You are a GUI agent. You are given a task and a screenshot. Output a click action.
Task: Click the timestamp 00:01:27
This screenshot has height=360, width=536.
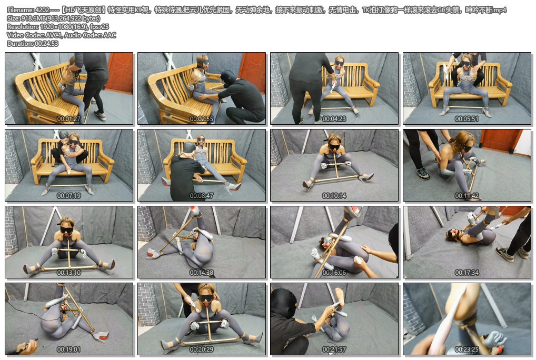68,119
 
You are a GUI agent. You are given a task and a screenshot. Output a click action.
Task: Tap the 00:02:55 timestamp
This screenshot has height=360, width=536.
201,119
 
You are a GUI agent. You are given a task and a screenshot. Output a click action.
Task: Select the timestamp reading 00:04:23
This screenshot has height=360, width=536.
334,119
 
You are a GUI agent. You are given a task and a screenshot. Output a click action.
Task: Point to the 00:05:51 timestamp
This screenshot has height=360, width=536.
466,119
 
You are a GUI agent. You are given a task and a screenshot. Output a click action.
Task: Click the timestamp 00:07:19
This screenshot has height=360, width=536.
68,196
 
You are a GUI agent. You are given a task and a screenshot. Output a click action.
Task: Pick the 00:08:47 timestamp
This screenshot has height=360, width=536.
201,196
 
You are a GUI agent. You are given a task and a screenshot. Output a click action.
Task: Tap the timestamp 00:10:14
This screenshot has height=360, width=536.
334,196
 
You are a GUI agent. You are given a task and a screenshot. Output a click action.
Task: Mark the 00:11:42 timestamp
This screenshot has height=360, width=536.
466,196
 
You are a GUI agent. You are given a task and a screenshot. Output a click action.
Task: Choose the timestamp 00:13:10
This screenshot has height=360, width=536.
68,273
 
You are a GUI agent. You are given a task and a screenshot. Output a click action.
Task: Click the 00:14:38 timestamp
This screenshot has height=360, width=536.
201,273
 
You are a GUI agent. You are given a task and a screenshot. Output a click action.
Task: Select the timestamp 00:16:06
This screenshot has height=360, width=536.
334,273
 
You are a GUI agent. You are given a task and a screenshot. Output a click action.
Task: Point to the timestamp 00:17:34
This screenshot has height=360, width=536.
466,273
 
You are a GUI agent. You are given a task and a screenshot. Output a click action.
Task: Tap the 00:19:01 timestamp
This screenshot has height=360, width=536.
68,349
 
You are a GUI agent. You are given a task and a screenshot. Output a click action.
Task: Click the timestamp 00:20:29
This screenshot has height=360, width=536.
201,349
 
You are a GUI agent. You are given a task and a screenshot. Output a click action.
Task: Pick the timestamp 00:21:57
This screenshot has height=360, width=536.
334,349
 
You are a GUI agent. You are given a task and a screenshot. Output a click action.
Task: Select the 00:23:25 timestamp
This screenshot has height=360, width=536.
466,349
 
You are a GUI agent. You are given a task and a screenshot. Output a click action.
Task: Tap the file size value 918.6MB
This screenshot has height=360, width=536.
31,18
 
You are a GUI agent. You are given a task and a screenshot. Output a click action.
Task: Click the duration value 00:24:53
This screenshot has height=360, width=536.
46,44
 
